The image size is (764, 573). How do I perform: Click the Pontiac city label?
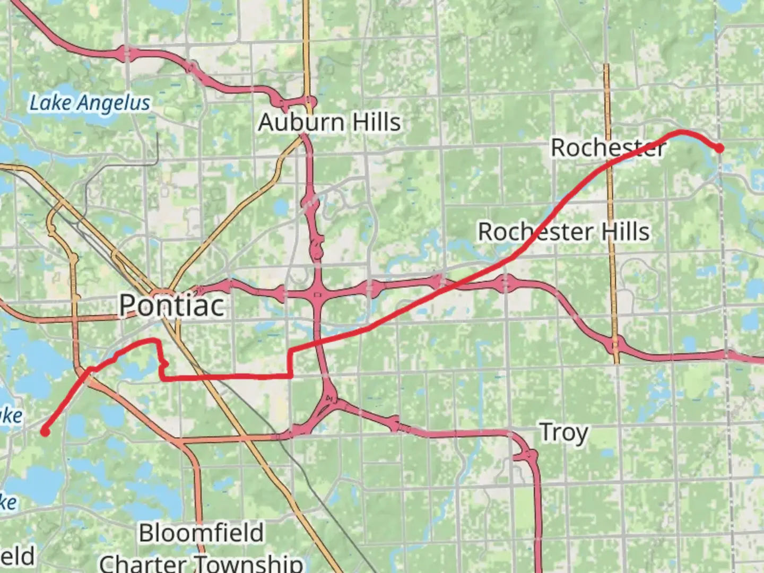[x=171, y=305]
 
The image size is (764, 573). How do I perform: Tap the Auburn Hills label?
[x=329, y=123]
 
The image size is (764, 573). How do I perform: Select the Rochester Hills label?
[x=563, y=232]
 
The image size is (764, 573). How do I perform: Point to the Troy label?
[x=563, y=433]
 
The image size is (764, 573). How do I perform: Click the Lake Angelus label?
[x=90, y=103]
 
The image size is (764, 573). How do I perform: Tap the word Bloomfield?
[x=201, y=533]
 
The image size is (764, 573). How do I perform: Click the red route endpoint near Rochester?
[x=719, y=149]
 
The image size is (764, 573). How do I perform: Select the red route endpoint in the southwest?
[x=46, y=432]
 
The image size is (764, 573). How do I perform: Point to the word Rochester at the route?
[x=608, y=147]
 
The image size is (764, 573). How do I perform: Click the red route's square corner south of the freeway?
[x=290, y=376]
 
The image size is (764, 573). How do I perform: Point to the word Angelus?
[x=116, y=103]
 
